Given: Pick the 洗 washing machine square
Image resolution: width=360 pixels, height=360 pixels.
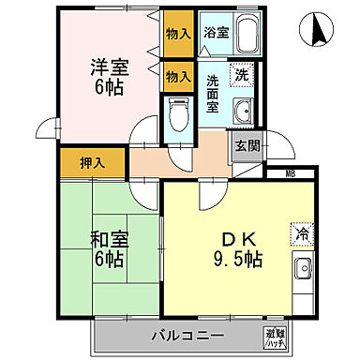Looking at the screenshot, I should click(x=242, y=75).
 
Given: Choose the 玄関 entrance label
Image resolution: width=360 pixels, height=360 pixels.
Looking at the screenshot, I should click(x=247, y=146).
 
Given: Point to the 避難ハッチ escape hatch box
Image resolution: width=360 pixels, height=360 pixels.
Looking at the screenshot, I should click(x=275, y=335).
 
